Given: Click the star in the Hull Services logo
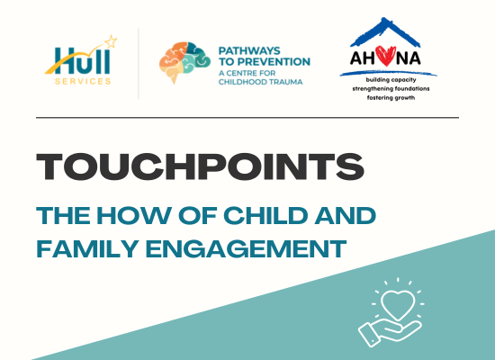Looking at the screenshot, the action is point(111,41).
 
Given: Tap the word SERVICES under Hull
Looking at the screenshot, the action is point(83,82).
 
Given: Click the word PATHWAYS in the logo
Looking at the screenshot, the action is point(249,50).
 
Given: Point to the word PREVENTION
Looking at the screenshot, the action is point(274,61).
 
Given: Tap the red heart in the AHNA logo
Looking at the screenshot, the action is point(385,56).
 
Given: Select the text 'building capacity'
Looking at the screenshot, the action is point(391,80).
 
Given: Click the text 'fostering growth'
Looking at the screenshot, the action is point(391,98).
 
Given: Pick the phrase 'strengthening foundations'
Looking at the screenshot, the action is point(391,89).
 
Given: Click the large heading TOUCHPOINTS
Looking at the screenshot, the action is point(200,166).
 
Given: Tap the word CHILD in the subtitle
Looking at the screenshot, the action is point(265,216).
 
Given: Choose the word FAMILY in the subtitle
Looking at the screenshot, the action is point(87,248).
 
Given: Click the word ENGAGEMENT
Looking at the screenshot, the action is point(246,248).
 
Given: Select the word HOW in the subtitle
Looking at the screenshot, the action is point(134,216).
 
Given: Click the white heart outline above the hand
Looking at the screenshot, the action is point(398,304).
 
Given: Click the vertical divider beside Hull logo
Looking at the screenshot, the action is point(139,64).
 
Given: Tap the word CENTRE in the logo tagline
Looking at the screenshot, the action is point(247,73).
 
